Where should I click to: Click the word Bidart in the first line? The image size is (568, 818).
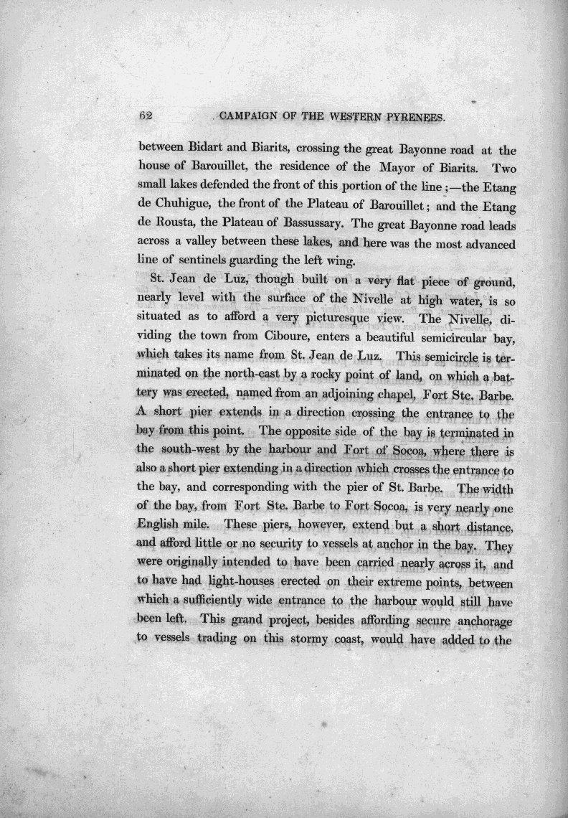point(211,151)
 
